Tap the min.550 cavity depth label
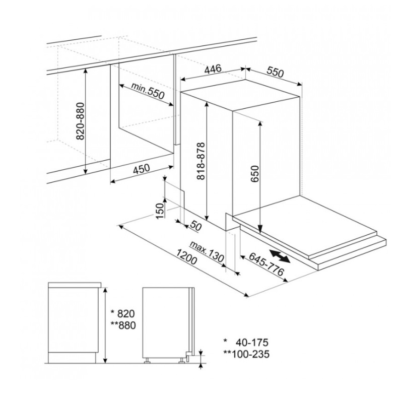pos(149,93)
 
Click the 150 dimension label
pos(161,211)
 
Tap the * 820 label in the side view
pos(122,312)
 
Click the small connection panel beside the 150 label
pos(175,195)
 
